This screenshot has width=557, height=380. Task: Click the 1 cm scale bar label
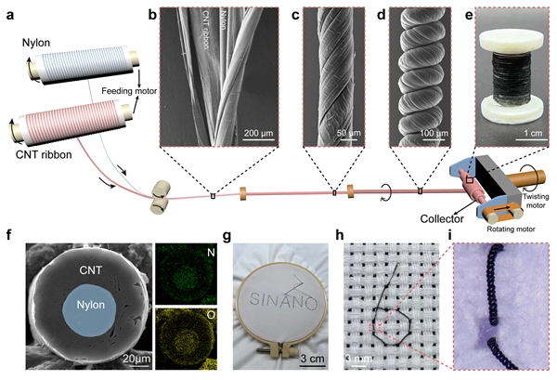tap(532, 135)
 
